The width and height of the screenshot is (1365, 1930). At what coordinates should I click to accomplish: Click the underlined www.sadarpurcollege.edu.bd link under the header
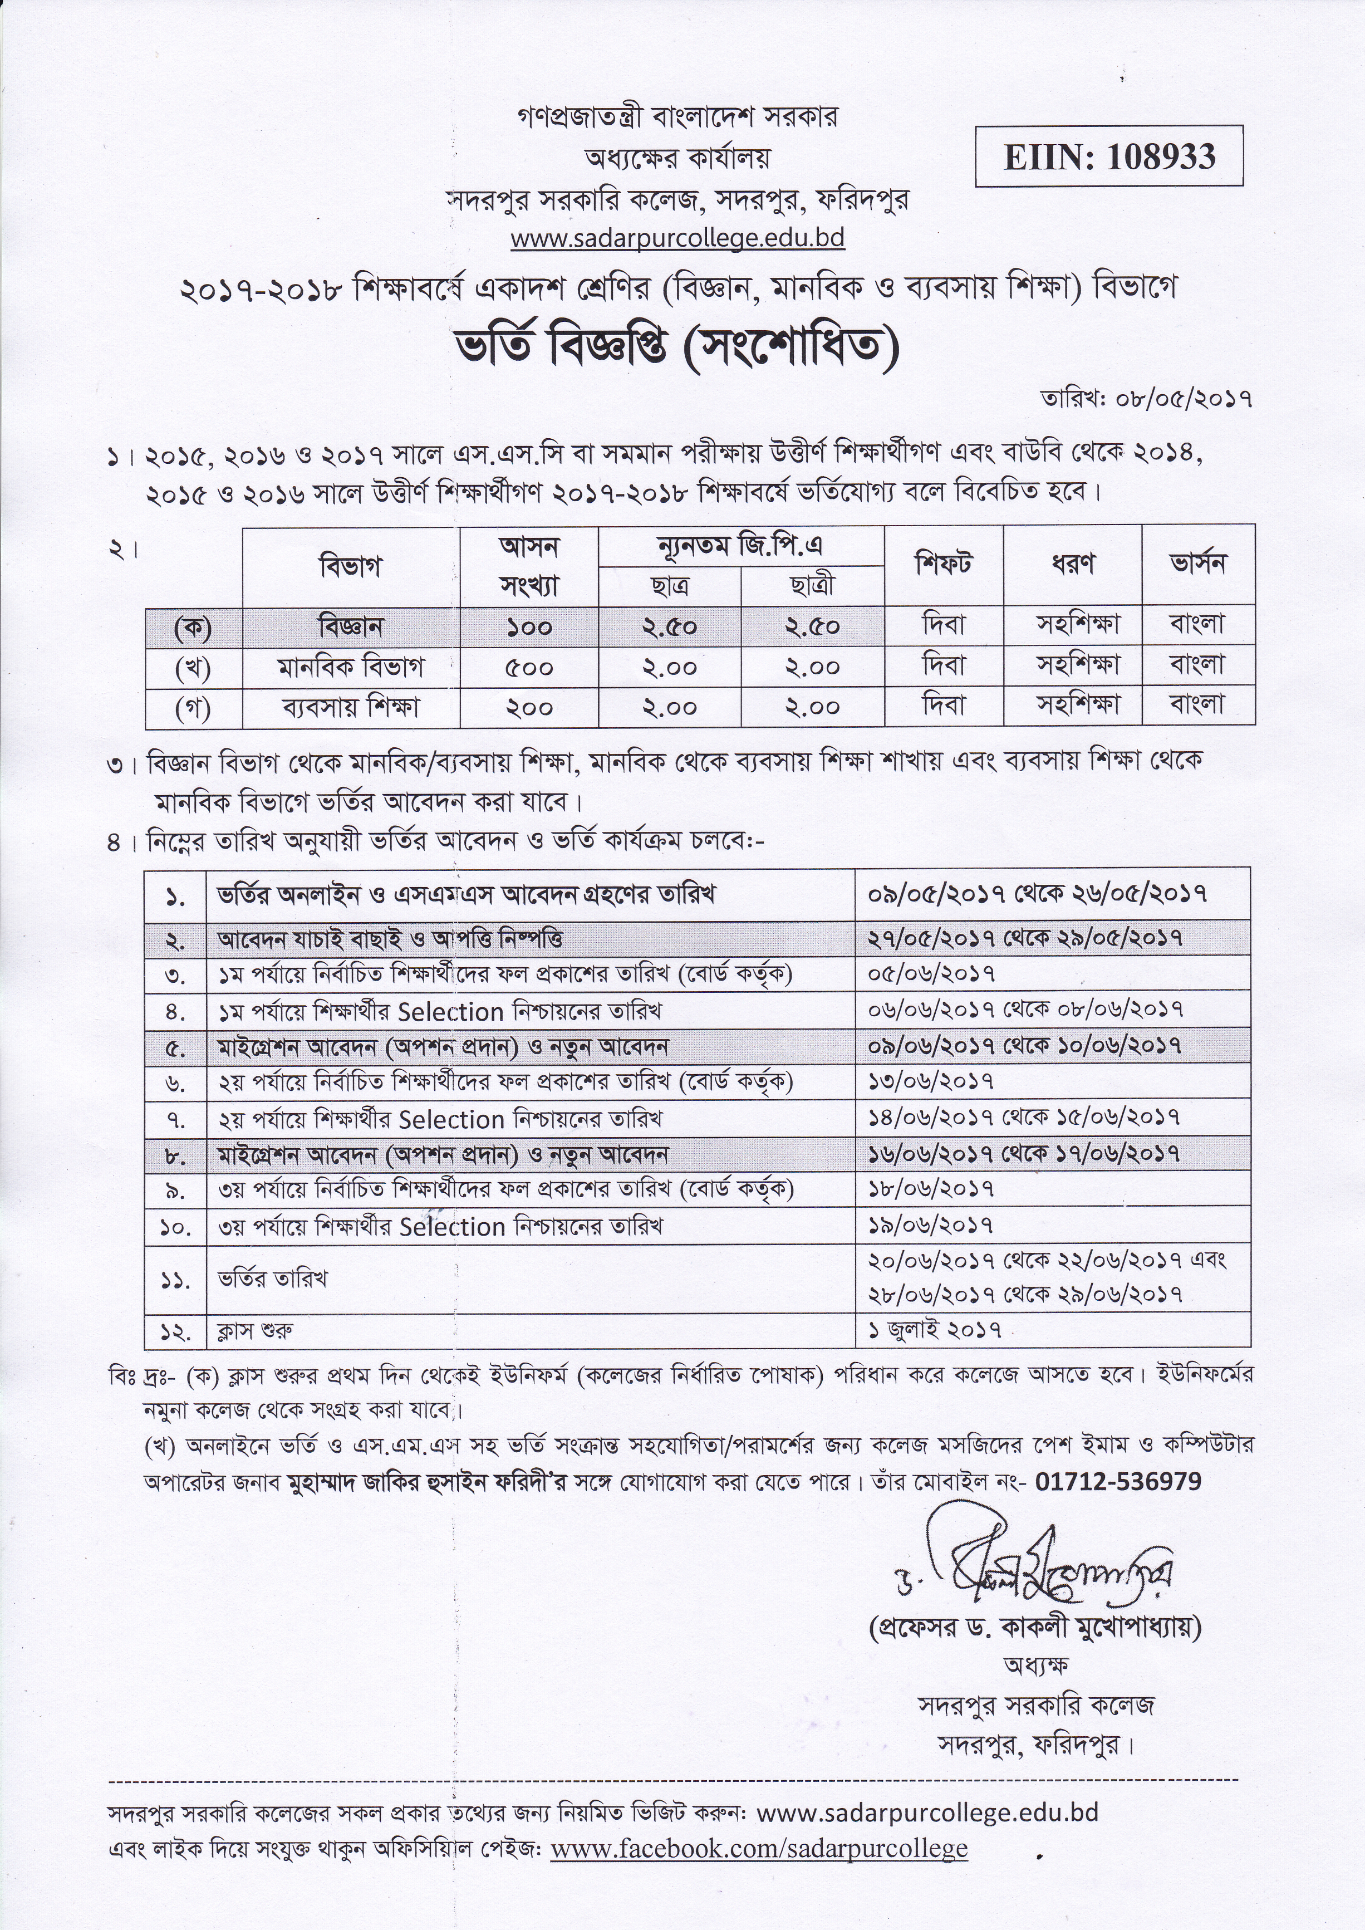coord(677,239)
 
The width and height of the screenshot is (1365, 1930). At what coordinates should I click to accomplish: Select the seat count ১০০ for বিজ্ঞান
coord(529,627)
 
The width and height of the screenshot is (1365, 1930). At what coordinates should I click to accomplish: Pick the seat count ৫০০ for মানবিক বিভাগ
coord(529,668)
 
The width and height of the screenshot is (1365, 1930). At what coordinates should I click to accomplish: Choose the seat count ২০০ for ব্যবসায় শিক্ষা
coord(529,708)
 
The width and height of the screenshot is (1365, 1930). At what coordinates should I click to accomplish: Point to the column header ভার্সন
coord(1197,563)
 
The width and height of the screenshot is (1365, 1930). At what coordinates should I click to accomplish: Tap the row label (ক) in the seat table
coord(193,627)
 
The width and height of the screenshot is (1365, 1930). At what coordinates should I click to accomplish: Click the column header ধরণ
coord(1073,563)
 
